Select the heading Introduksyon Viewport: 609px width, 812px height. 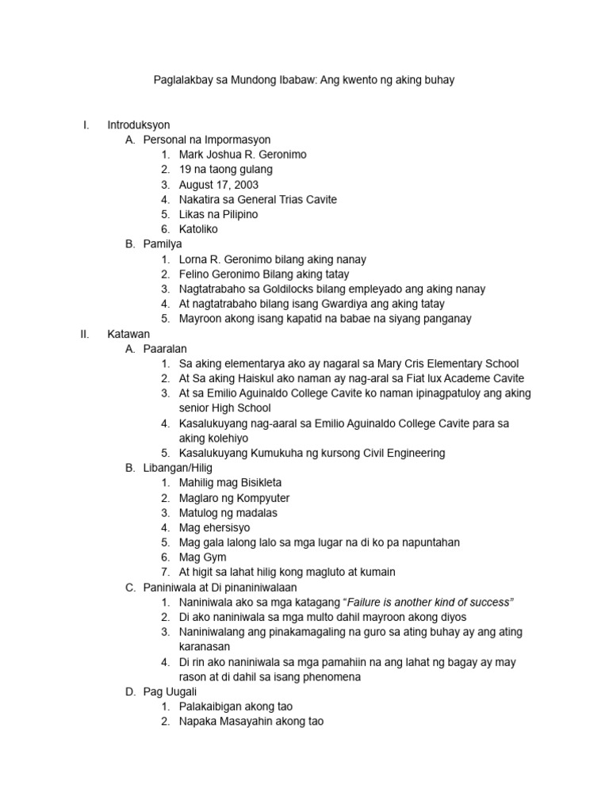click(139, 124)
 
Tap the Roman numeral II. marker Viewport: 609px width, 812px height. click(85, 334)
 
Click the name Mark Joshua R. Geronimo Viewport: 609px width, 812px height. click(243, 155)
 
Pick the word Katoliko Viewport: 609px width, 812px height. click(198, 229)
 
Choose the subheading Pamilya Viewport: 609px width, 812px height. click(163, 244)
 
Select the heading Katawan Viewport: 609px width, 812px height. click(128, 334)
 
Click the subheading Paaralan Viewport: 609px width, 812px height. click(166, 349)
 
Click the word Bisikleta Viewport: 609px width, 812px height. click(255, 483)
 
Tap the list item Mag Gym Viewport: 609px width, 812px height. click(203, 557)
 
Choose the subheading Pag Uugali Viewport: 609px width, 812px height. click(170, 691)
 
